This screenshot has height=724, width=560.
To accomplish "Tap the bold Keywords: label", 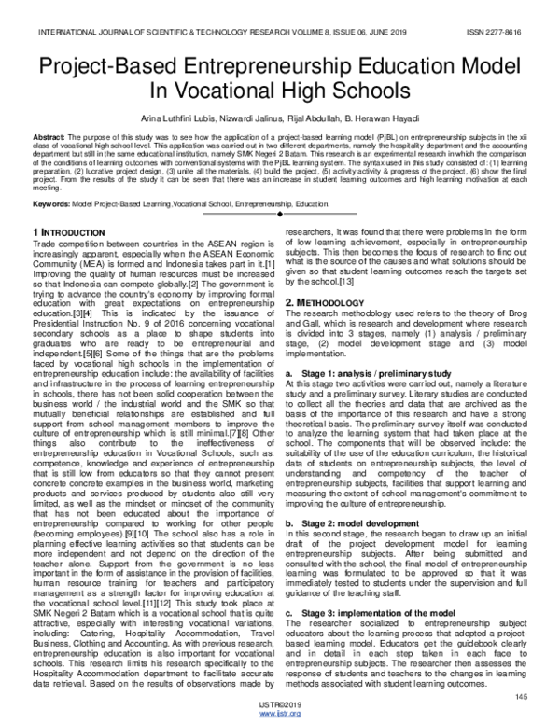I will click(50, 202).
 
